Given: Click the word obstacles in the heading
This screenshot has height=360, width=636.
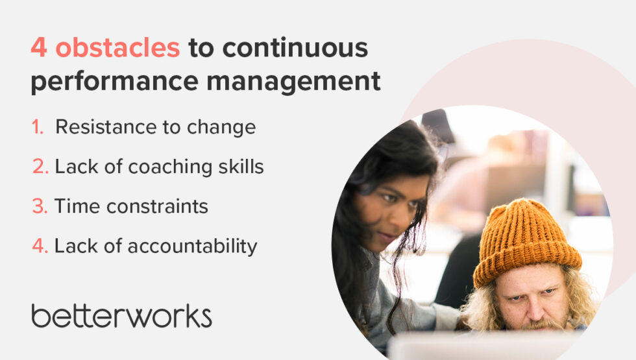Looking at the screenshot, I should (x=117, y=48).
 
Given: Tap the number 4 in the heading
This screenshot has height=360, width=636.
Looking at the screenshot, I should (x=38, y=48).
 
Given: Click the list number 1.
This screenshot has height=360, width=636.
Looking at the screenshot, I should (x=38, y=127).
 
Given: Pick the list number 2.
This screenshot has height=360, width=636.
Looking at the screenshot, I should (x=40, y=167).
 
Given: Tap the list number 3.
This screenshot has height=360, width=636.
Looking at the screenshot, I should (x=40, y=206).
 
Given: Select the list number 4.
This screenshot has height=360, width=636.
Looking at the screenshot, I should (x=40, y=246).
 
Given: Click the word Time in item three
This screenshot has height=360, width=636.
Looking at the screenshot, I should (x=75, y=206).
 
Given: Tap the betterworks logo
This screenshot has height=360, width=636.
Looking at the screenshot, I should (x=121, y=315).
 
